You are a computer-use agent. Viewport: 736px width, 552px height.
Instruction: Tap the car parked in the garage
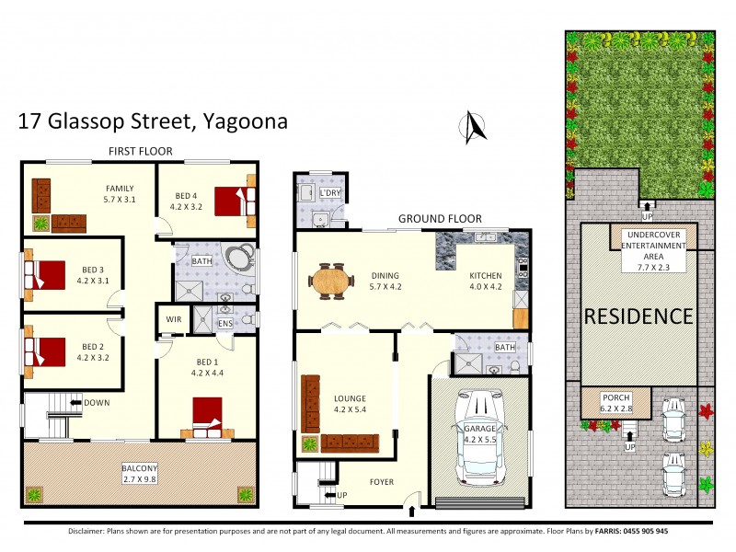(482, 440)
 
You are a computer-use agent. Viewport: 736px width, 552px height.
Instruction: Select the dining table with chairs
(332, 281)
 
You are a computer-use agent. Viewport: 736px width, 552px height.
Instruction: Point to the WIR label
(172, 319)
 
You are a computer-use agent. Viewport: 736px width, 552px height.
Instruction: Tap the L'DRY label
(328, 194)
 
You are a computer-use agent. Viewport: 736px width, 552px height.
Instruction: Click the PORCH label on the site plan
(615, 398)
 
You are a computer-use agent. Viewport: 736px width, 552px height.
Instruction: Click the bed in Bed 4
(231, 200)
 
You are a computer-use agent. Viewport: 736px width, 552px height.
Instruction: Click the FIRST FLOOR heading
(139, 151)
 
